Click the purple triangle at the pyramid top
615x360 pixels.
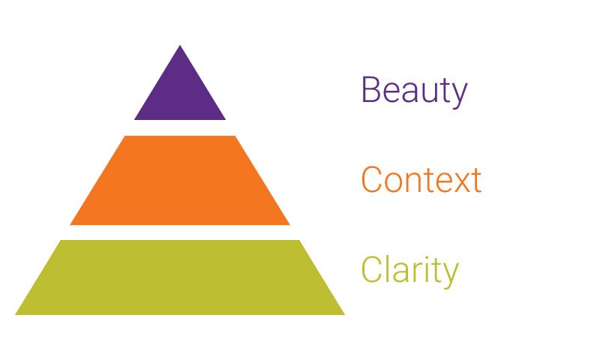coord(180,94)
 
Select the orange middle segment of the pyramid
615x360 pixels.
coord(180,181)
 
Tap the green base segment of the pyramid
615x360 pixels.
coord(180,277)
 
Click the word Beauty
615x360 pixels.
coord(414,91)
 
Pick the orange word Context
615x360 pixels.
coord(421,181)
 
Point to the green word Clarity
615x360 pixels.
coord(409,270)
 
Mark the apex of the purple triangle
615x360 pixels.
coord(180,46)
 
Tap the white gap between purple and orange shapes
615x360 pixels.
coord(180,127)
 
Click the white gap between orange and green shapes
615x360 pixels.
coord(180,232)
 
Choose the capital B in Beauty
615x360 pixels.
coord(370,90)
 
